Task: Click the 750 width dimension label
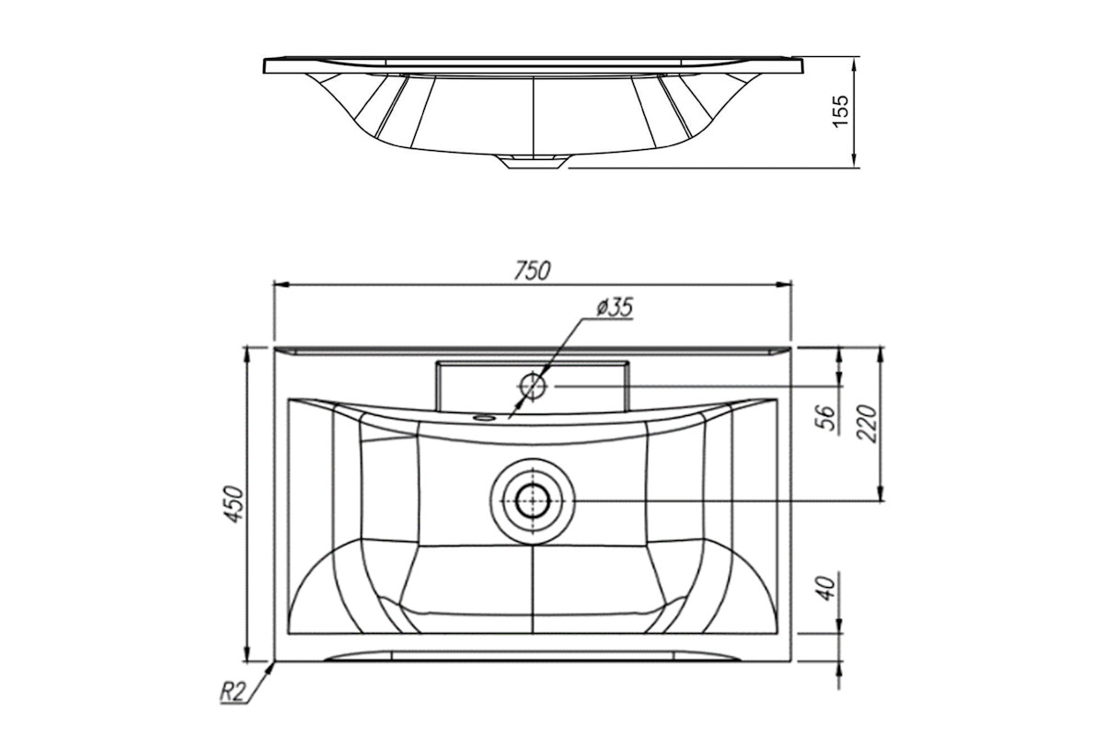pos(533,270)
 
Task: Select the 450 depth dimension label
pos(234,504)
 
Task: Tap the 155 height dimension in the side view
pos(840,111)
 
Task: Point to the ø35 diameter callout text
pos(615,307)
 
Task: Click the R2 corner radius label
pos(232,692)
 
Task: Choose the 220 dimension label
pos(867,423)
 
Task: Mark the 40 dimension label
pos(827,588)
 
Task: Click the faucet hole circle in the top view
pos(533,386)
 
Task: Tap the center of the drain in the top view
pos(533,500)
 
